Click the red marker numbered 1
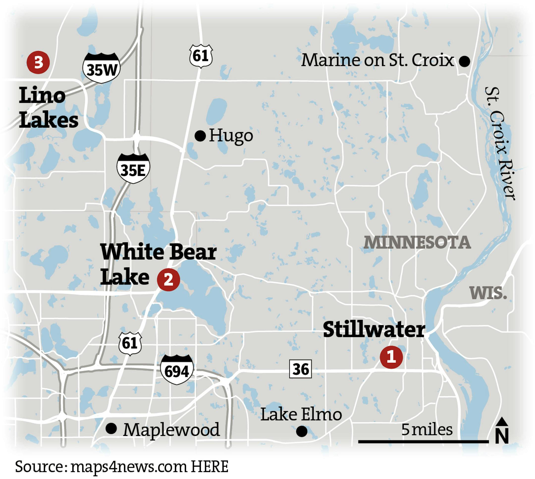391,357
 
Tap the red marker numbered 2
168,280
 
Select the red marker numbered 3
38,63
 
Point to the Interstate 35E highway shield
133,168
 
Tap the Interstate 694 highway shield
177,369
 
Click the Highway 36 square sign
300,369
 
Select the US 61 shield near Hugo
201,56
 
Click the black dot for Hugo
200,136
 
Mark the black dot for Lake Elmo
302,431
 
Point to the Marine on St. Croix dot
464,61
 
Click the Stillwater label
374,330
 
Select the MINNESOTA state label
417,242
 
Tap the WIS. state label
488,293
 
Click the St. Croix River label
500,143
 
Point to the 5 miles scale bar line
423,442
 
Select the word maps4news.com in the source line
129,466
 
